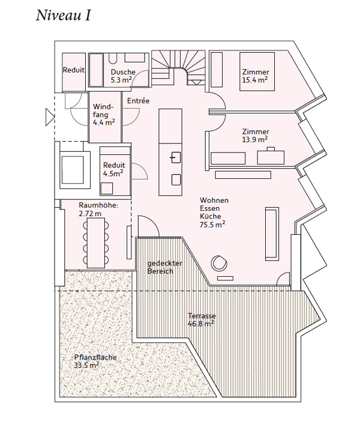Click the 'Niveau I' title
[x=63, y=16]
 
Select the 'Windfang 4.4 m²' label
[x=104, y=114]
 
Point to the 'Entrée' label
[x=138, y=101]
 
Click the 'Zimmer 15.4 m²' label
[x=254, y=75]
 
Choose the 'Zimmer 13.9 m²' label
[x=256, y=135]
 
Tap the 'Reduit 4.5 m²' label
[x=113, y=169]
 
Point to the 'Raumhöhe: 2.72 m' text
[x=98, y=208]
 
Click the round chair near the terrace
[x=218, y=263]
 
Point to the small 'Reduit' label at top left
[x=73, y=70]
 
